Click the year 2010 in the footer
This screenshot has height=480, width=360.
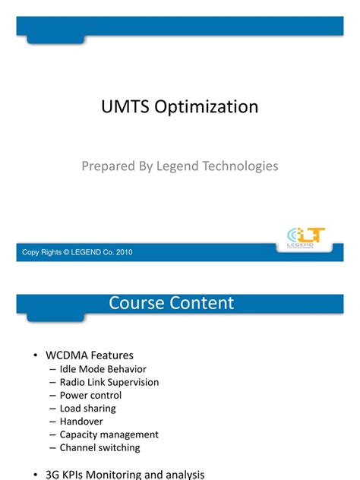(x=124, y=252)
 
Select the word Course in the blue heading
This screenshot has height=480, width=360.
(x=136, y=303)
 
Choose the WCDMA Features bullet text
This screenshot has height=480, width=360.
(x=90, y=355)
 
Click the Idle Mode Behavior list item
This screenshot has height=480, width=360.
(x=103, y=369)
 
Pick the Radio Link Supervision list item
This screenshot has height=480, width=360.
(x=109, y=382)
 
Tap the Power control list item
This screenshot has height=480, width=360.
(x=90, y=395)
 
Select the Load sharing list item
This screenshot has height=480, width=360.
(x=88, y=409)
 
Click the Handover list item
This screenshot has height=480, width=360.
(x=81, y=422)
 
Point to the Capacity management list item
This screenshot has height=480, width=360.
(x=109, y=434)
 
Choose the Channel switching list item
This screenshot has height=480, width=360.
(x=99, y=447)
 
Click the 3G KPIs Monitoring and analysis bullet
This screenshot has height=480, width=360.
(x=125, y=474)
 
